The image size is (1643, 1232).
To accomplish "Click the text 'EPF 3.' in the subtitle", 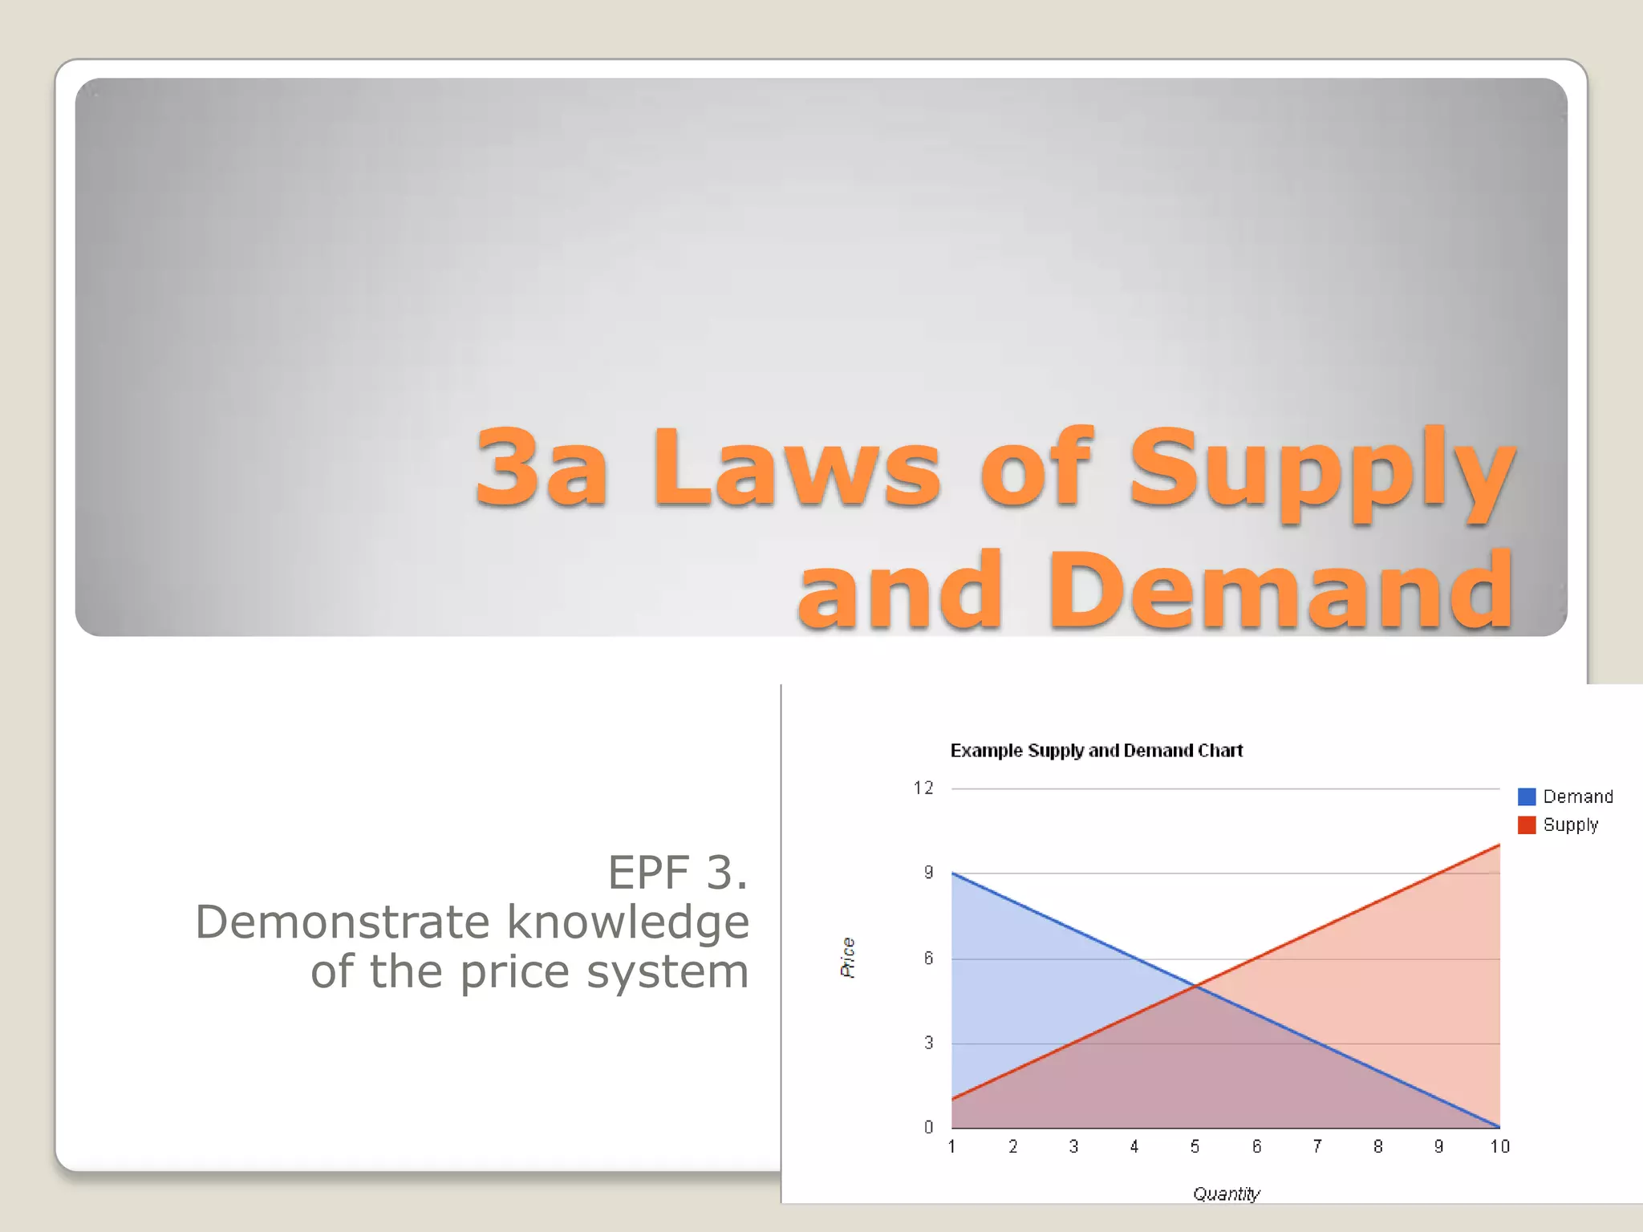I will [678, 873].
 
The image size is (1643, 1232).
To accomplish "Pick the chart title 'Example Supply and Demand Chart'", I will [1096, 751].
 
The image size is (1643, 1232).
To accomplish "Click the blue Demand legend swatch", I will [1527, 796].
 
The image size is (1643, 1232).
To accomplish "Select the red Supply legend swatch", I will [1527, 825].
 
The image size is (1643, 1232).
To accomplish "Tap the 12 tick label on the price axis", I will [923, 788].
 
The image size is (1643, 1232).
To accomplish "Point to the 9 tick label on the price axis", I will [928, 873].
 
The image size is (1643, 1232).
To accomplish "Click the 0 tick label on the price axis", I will [928, 1128].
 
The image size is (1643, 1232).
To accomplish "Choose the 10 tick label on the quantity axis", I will [1499, 1147].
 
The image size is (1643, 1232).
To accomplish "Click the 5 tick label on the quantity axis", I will [1195, 1147].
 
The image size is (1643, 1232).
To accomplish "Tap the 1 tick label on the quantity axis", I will [951, 1147].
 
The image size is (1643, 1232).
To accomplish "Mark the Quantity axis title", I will [1226, 1193].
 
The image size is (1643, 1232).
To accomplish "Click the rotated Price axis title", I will [848, 958].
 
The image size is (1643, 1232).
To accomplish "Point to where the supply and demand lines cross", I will [1195, 987].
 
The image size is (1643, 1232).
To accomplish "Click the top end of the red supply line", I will [1499, 845].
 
